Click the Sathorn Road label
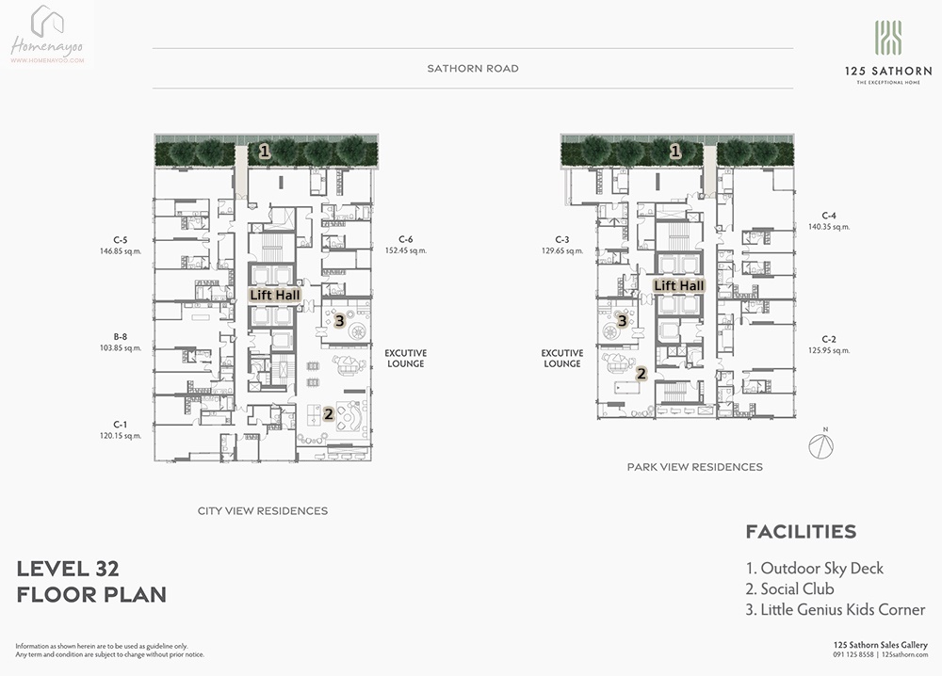473,69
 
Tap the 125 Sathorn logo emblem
888,38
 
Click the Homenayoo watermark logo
47,35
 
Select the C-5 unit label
121,240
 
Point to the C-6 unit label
405,239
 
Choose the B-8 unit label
121,337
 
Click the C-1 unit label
121,425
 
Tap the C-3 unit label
561,239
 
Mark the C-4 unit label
828,216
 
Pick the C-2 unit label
828,339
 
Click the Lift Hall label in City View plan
275,295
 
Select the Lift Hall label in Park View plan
679,286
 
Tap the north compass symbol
820,445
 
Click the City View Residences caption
263,511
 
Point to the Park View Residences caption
695,467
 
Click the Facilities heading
801,532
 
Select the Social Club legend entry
790,589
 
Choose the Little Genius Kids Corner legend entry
835,610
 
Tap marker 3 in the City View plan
339,321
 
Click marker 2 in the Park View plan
642,374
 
